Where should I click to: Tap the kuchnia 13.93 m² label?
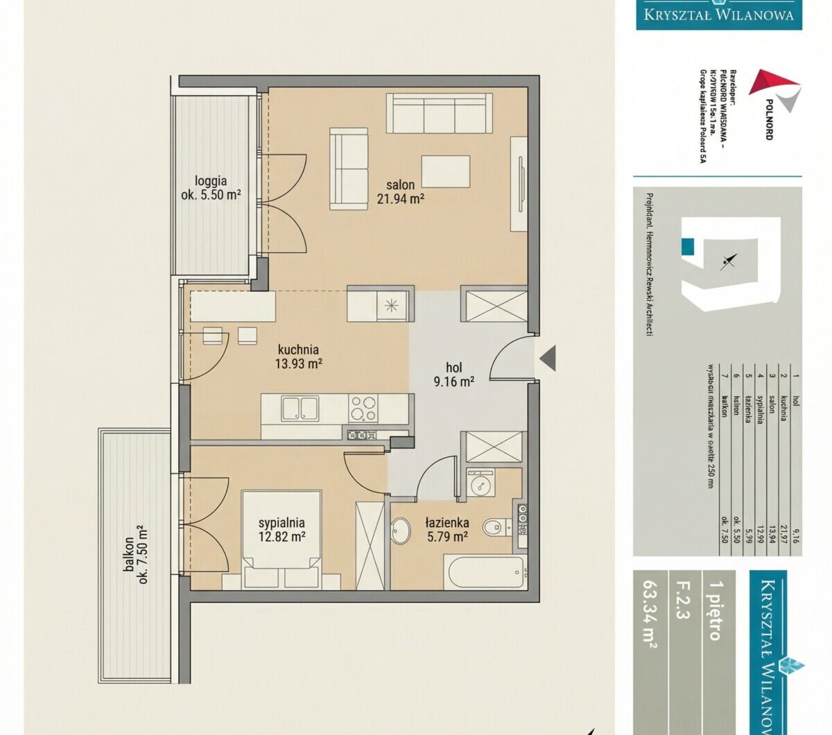(298, 356)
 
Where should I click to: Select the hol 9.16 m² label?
(454, 374)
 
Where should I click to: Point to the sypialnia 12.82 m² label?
(281, 530)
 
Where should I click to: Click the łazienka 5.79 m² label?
(447, 529)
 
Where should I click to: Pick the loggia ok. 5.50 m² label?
(211, 188)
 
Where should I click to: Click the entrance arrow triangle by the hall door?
(548, 358)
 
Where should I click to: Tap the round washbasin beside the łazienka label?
(401, 533)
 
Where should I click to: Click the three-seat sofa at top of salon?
(440, 112)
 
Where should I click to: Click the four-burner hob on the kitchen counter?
(363, 409)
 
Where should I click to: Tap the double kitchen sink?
(300, 408)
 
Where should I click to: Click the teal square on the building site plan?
(687, 245)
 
